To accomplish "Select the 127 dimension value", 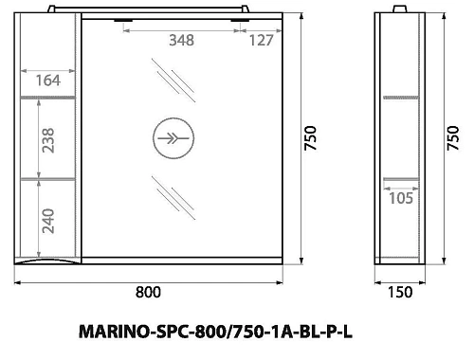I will click(262, 40).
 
